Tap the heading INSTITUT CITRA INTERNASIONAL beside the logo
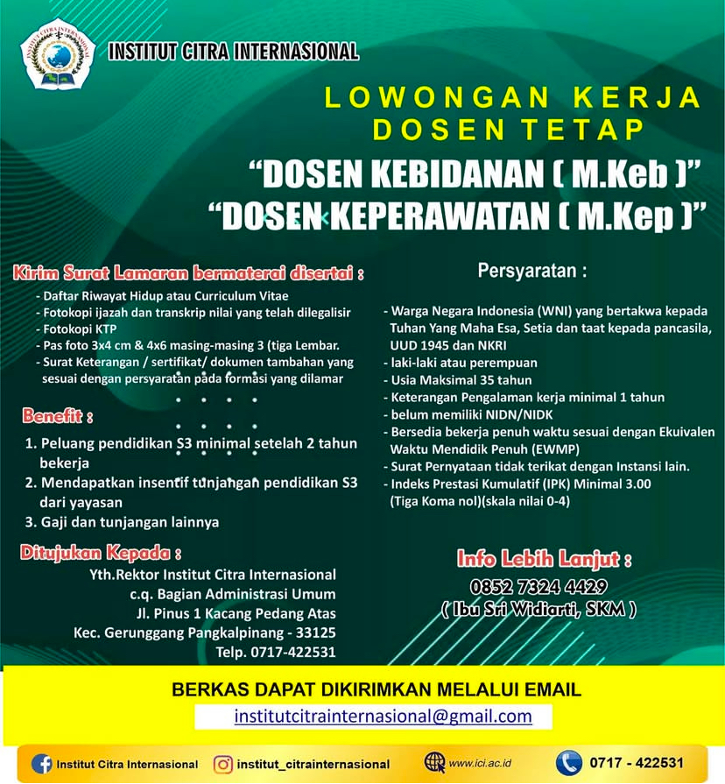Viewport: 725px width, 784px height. [233, 52]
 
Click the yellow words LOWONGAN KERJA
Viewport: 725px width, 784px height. [512, 97]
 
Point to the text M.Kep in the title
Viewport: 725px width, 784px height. [624, 216]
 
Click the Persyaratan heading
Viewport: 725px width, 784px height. [532, 270]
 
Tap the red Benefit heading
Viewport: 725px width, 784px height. [58, 413]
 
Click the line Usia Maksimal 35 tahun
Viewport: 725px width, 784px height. [451, 379]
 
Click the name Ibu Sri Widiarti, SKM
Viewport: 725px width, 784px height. [539, 609]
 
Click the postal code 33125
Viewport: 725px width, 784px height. [314, 632]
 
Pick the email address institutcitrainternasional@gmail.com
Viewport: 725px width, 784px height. [383, 716]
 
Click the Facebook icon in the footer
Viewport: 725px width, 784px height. [41, 764]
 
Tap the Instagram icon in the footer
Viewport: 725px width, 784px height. [224, 764]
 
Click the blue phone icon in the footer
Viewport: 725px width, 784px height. [568, 762]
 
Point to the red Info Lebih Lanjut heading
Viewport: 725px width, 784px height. [544, 559]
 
